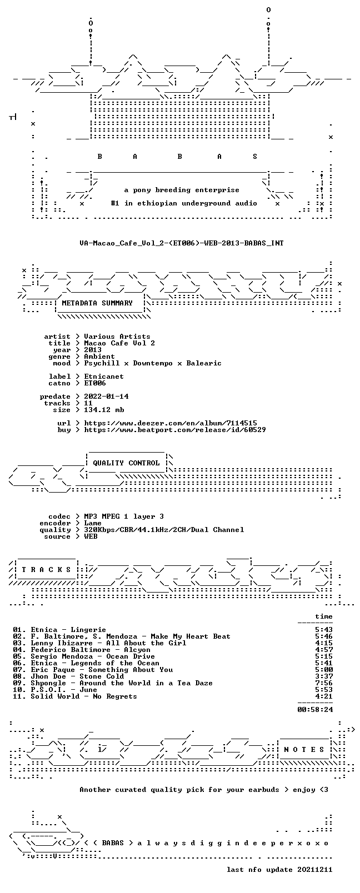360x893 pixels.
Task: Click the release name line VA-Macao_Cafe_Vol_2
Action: tap(182, 243)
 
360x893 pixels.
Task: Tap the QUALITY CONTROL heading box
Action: tap(126, 463)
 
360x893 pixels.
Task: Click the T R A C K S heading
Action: tap(46, 570)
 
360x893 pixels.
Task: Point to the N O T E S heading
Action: tap(304, 750)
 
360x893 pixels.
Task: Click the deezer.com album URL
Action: tap(170, 423)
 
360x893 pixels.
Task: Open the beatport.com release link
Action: tap(174, 430)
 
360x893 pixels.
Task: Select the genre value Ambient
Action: tap(99, 357)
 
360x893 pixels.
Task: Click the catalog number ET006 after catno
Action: tap(95, 383)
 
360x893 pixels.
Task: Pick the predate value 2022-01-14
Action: tap(106, 397)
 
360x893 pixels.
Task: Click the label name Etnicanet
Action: tap(104, 377)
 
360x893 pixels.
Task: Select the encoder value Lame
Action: tap(92, 523)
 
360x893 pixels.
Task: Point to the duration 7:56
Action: tap(324, 683)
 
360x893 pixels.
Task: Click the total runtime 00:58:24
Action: tap(315, 710)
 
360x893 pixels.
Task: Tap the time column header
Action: tap(324, 616)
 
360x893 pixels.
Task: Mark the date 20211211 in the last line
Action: tap(315, 870)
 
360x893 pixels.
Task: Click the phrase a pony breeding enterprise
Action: tap(182, 190)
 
